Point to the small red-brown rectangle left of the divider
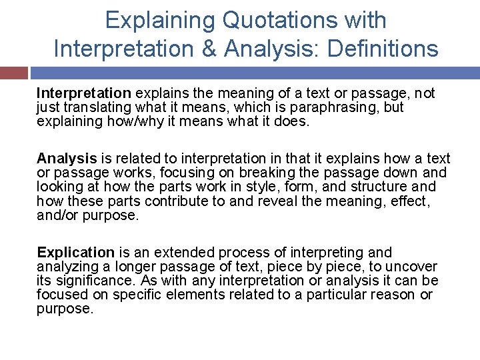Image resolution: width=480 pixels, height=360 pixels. [x=14, y=73]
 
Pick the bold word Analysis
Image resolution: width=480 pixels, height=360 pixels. [x=67, y=159]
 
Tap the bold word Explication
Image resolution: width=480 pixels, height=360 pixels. [x=75, y=253]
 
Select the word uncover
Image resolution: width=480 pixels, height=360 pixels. [x=414, y=267]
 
